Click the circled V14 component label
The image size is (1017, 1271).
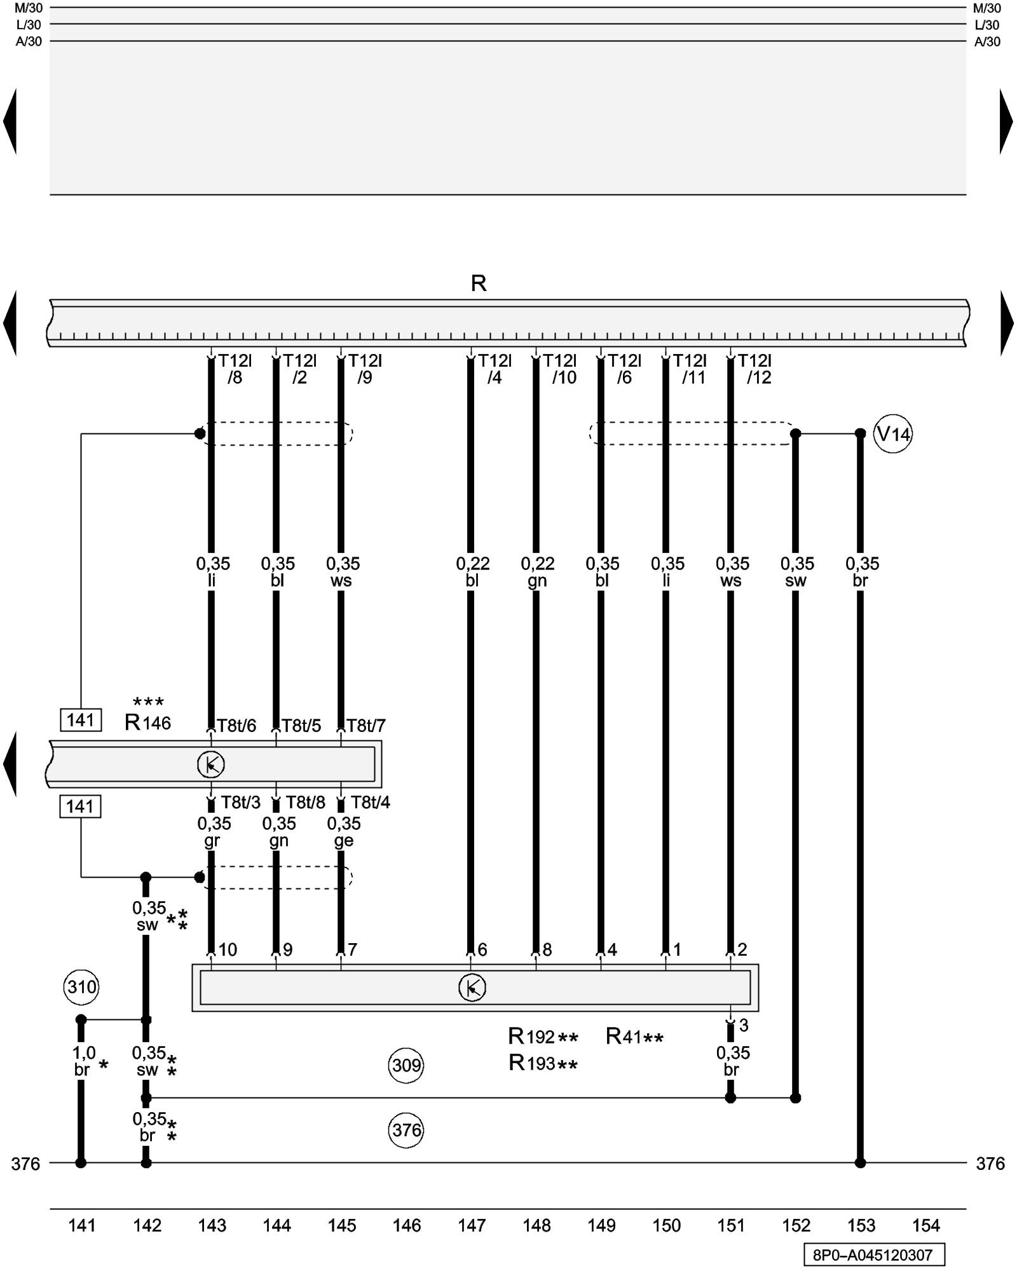[x=892, y=434]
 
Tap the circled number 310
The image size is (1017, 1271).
[x=82, y=987]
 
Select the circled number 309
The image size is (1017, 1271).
[x=406, y=1064]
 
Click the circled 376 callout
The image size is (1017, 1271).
[x=406, y=1130]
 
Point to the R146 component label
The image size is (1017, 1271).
[x=147, y=723]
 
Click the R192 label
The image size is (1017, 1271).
[x=533, y=1037]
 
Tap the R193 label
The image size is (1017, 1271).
[x=533, y=1063]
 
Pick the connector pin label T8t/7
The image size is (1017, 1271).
[x=366, y=726]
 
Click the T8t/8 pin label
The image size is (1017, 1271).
[x=305, y=803]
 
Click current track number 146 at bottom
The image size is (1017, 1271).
[x=406, y=1225]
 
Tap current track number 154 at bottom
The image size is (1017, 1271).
[x=925, y=1225]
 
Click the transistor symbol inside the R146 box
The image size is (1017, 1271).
[x=211, y=764]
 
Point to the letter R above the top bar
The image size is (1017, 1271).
[x=479, y=283]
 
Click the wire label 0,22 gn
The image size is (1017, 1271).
[x=537, y=572]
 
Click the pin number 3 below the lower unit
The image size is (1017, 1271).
[x=744, y=1025]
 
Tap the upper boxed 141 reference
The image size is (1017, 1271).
[x=81, y=720]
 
